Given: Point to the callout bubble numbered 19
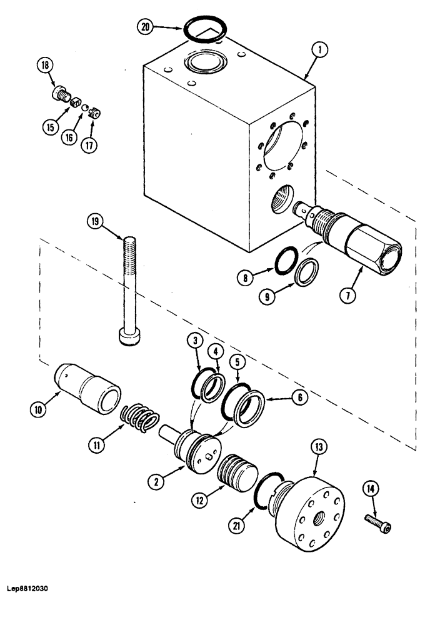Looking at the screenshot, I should point(96,221).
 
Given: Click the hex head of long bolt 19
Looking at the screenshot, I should point(128,337).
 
